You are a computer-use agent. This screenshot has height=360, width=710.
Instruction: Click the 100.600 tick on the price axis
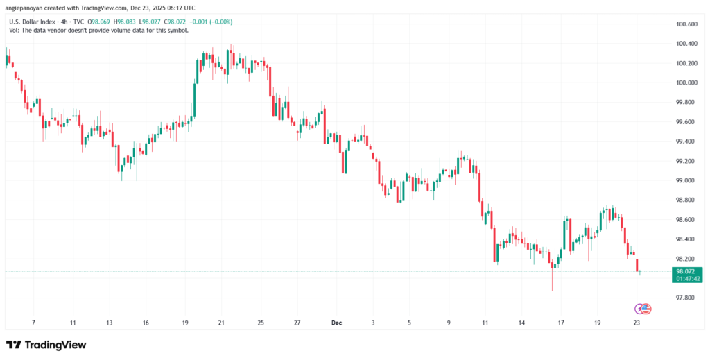coord(686,24)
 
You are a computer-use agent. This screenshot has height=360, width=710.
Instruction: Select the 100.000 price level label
coord(686,83)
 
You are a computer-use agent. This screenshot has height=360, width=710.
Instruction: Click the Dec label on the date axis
coord(337,323)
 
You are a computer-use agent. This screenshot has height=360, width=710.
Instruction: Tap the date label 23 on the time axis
coord(637,323)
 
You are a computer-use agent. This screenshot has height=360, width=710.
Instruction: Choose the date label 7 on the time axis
coord(33,323)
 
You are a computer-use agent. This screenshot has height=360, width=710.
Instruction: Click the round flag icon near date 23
coord(646,308)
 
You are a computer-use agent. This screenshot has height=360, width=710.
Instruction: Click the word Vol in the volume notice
coord(13,30)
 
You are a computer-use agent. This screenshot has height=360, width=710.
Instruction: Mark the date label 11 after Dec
coord(486,323)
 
